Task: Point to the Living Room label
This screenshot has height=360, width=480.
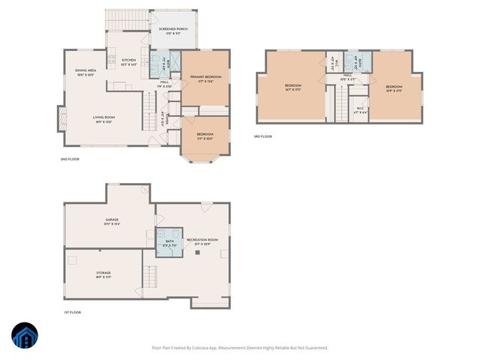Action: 103,118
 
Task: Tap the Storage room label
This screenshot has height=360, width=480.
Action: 103,274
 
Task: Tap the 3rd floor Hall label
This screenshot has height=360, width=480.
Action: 348,76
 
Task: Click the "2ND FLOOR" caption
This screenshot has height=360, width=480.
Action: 70,159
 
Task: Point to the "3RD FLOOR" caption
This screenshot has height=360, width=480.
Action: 262,136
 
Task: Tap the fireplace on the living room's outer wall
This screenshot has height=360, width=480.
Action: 61,118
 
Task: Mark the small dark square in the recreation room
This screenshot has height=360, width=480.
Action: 197,253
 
